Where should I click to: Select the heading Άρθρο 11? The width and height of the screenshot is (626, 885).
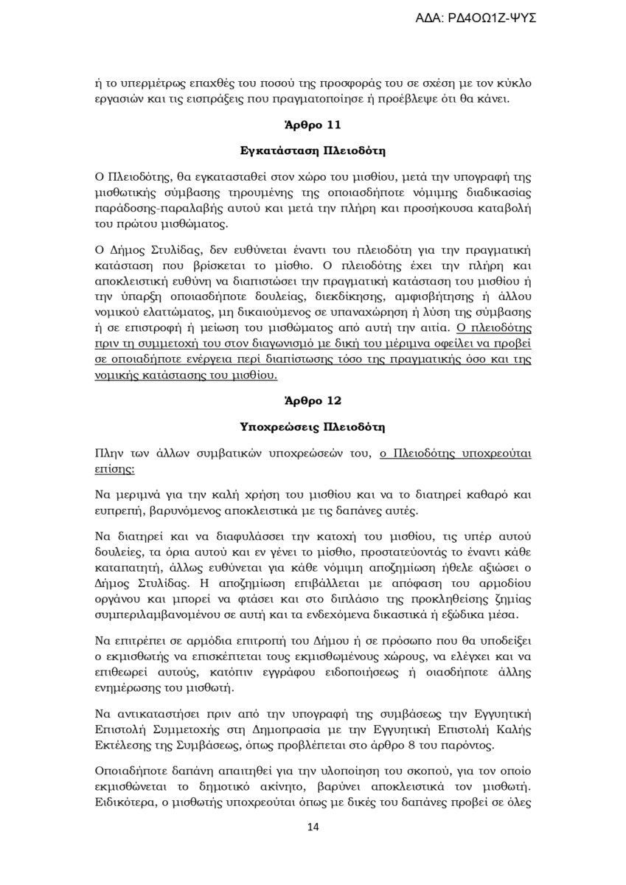click(x=313, y=125)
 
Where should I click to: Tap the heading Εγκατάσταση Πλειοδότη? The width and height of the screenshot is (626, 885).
click(x=313, y=151)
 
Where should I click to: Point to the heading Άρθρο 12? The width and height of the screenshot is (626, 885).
click(x=313, y=401)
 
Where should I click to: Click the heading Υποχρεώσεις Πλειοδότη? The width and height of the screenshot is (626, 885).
click(x=313, y=427)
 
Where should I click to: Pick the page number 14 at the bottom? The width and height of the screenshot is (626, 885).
click(x=313, y=827)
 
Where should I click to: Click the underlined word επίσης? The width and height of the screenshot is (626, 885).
click(x=115, y=467)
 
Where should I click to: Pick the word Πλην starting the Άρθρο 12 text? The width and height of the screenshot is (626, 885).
click(x=108, y=453)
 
